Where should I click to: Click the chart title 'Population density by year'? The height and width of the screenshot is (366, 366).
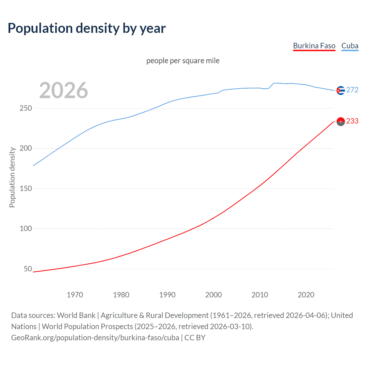coord(87,28)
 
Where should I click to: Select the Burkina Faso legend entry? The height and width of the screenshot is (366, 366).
coord(314,46)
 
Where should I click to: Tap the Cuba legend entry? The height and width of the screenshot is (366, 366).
coord(350,46)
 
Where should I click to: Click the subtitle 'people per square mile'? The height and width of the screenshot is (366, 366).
coord(183,61)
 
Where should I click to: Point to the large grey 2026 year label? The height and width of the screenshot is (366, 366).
coord(63,90)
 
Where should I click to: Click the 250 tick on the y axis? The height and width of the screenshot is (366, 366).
coord(26,108)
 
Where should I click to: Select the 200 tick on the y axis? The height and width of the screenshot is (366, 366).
coord(26,148)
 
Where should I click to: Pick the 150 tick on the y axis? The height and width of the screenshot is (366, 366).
coord(26,188)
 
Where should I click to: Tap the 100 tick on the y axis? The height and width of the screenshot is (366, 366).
coord(26,228)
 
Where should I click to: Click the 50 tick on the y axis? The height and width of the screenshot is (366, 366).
coord(28,269)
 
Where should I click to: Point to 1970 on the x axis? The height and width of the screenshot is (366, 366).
coord(75,295)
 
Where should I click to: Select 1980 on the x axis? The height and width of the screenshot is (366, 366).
coord(121,295)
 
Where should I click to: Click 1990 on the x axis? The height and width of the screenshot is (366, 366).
coord(167,295)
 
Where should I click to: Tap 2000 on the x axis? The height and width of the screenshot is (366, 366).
coord(214,295)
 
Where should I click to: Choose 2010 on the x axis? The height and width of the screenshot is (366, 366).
coord(260,295)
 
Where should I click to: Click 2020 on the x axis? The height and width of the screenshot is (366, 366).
coord(306,295)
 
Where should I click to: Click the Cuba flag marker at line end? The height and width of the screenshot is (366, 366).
coord(340,90)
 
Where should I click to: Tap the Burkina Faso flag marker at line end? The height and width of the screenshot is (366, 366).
coord(340,122)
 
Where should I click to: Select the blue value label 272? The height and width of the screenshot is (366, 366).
coord(352,90)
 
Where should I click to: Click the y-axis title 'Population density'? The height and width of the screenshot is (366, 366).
coord(12,177)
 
